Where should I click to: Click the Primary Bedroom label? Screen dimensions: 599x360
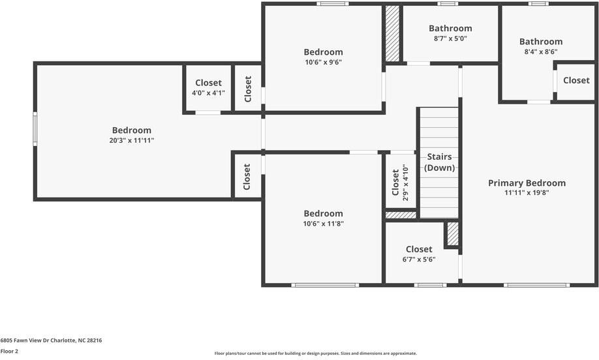coord(527,183)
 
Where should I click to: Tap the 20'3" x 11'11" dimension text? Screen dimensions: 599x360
coord(132,140)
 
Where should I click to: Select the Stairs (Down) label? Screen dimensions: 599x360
coord(439,162)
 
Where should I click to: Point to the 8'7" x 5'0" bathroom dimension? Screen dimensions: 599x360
coord(450,38)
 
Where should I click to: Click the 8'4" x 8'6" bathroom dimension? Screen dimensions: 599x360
coord(541,52)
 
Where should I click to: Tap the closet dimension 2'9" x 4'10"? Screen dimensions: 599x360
coord(405,183)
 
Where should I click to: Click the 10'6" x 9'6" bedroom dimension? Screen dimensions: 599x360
coord(323,62)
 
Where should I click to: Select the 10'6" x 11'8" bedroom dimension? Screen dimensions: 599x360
coord(323,224)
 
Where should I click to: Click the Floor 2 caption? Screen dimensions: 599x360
coord(9,352)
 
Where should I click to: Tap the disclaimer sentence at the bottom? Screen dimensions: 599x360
coord(316,353)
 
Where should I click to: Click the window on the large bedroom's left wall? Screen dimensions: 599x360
coord(35,128)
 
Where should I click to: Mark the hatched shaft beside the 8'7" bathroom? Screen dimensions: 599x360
coord(392,33)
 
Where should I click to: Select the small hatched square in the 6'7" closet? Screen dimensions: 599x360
coord(453,234)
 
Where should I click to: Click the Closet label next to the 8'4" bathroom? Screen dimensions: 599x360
coord(576,80)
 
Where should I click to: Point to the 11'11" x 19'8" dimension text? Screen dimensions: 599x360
coord(527,193)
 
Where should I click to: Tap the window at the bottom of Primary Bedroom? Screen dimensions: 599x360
coord(537,285)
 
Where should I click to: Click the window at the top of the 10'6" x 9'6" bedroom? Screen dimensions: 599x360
coord(332,4)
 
